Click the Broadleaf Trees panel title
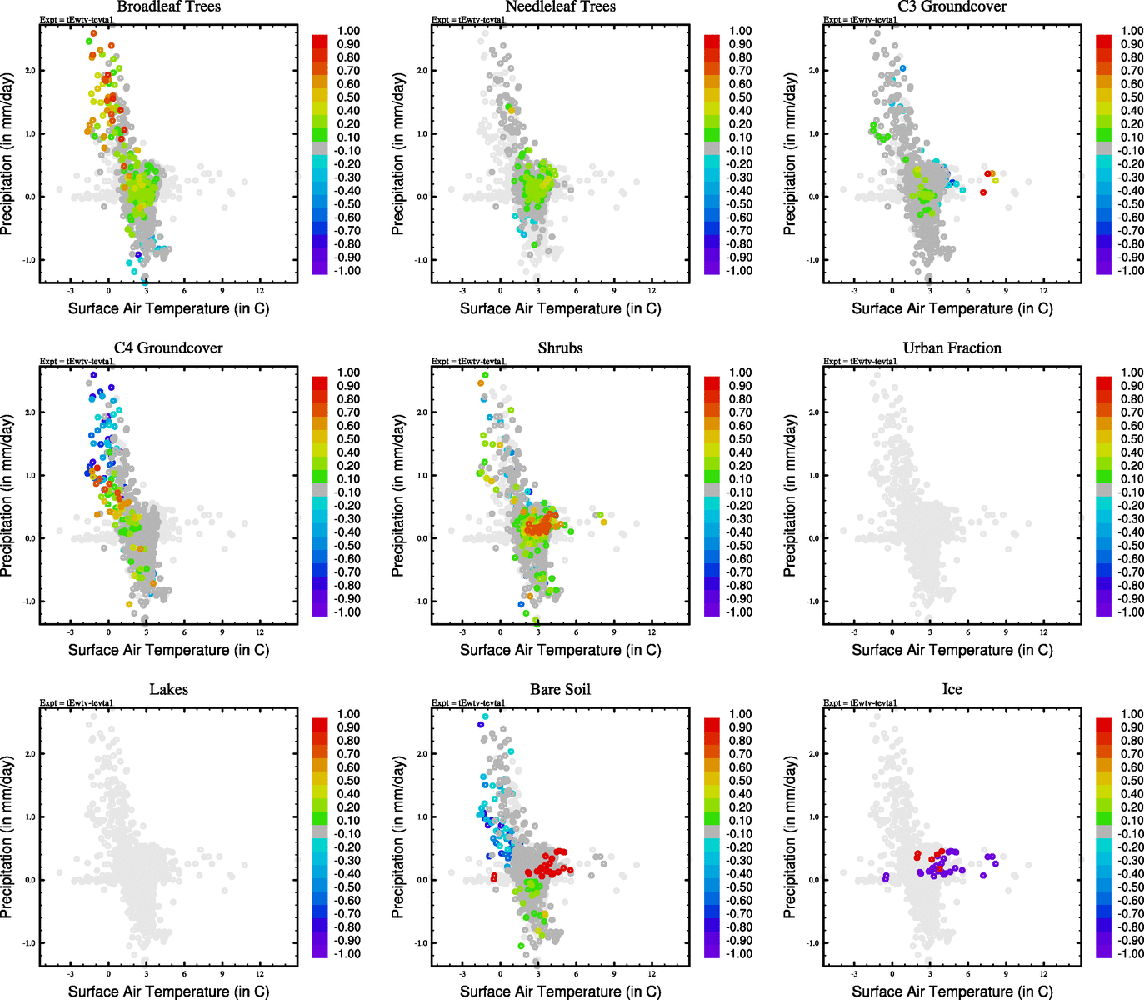(168, 7)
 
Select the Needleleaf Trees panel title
(560, 7)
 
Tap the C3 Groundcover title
(952, 7)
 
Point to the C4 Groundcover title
(168, 348)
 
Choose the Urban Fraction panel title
(952, 348)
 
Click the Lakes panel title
(168, 690)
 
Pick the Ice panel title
(952, 690)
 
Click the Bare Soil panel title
(560, 690)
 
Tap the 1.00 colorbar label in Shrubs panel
(740, 372)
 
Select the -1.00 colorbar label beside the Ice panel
(1131, 954)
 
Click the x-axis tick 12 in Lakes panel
(260, 974)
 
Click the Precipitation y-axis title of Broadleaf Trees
(7, 153)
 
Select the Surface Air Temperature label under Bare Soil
(560, 992)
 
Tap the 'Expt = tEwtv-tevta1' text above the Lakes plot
(77, 703)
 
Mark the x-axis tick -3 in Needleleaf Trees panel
(462, 291)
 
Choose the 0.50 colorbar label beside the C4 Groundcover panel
(348, 439)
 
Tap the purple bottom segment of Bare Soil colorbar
(712, 951)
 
